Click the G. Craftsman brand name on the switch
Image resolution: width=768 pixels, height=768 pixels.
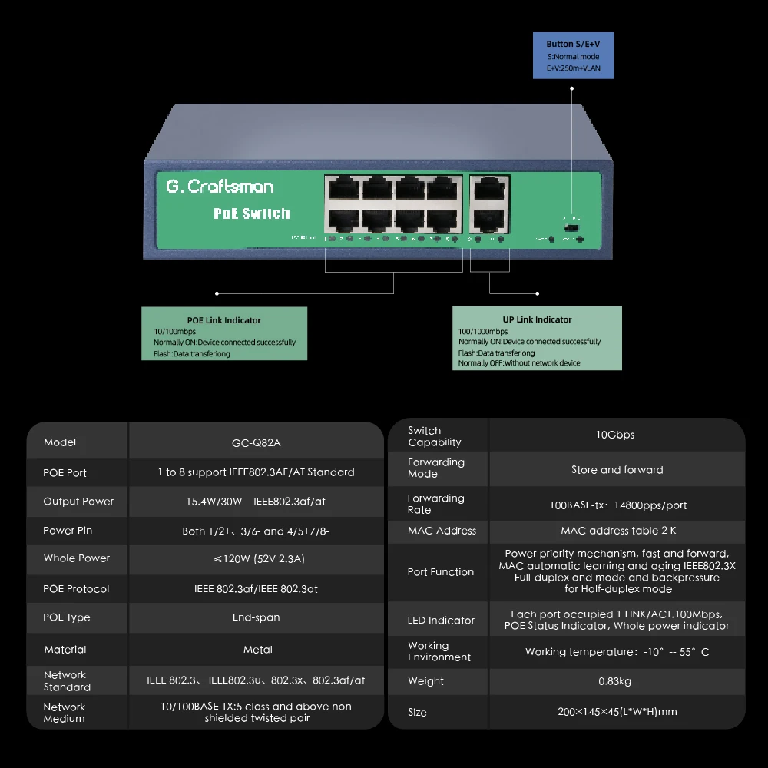coord(220,187)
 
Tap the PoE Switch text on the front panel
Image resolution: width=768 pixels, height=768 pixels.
coord(252,214)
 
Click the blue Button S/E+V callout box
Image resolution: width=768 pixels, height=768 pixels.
coord(574,56)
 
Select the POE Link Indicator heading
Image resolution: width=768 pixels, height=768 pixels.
coord(224,320)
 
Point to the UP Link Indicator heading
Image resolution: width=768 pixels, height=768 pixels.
coord(537,319)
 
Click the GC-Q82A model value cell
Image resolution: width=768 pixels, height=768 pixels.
coord(256,442)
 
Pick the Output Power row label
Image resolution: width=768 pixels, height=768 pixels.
coord(78,502)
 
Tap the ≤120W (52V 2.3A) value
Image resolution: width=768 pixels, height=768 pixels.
coord(257,558)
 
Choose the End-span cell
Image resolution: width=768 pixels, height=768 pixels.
coord(256,617)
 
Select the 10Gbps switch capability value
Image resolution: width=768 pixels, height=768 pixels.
coord(615,435)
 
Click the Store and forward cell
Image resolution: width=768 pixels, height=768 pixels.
coord(617,470)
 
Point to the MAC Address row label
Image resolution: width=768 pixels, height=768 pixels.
coord(442,531)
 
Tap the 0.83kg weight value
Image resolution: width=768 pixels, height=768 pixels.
coord(614,681)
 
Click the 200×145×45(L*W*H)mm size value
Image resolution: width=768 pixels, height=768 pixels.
coord(617,712)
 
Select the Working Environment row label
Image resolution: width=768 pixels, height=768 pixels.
coord(439,651)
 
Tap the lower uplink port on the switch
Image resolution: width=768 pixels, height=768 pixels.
coord(489,220)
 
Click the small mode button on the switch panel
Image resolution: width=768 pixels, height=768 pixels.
coord(571,229)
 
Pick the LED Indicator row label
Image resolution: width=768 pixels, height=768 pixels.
coord(441,621)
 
